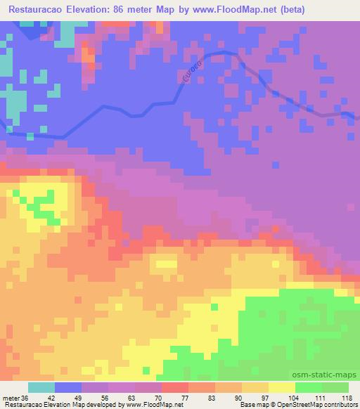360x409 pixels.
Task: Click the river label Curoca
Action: tap(191, 72)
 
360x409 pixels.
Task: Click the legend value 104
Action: tap(294, 397)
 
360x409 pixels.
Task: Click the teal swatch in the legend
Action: tap(41, 387)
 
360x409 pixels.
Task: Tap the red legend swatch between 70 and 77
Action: tap(174, 387)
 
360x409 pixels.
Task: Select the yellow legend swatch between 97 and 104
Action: tap(281, 387)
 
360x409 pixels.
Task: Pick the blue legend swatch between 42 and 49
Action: tap(67, 387)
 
